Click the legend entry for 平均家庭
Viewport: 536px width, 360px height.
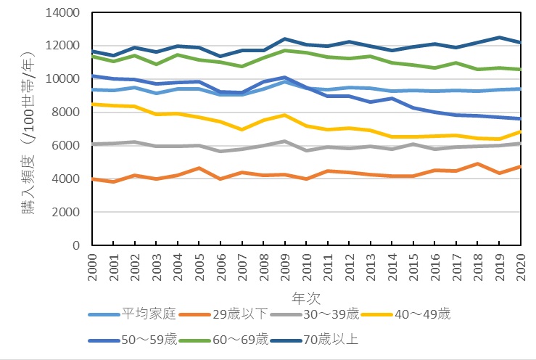pyautogui.click(x=149, y=314)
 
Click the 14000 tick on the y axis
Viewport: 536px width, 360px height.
pyautogui.click(x=65, y=12)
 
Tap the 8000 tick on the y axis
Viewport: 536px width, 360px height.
pyautogui.click(x=67, y=112)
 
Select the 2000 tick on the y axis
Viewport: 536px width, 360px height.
pyautogui.click(x=67, y=212)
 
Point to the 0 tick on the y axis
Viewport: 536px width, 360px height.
pyautogui.click(x=75, y=245)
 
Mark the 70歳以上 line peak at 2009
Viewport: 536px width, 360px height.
pyautogui.click(x=285, y=38)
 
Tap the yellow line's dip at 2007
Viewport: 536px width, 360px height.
pyautogui.click(x=242, y=130)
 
